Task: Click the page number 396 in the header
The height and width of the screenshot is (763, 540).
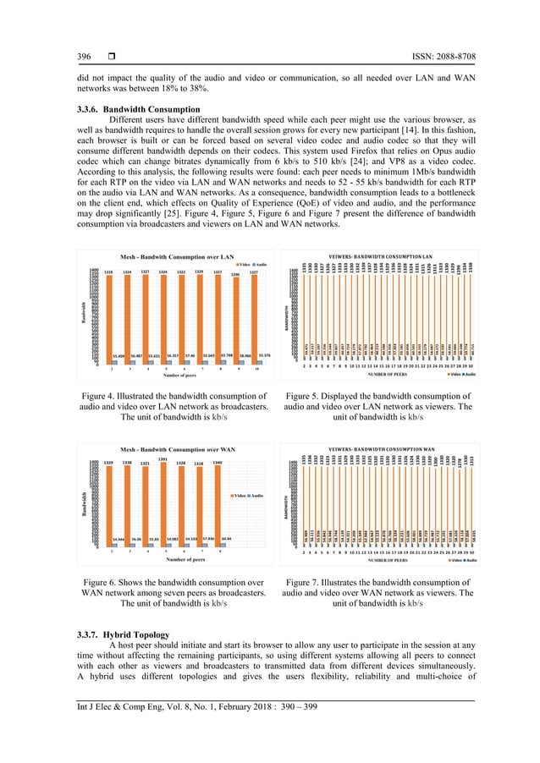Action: click(x=85, y=57)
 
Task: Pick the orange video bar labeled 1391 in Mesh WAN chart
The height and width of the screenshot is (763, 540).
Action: click(x=161, y=508)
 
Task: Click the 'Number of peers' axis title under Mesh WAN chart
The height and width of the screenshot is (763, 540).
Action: click(x=168, y=559)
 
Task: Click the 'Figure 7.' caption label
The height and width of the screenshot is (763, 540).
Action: click(x=308, y=582)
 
